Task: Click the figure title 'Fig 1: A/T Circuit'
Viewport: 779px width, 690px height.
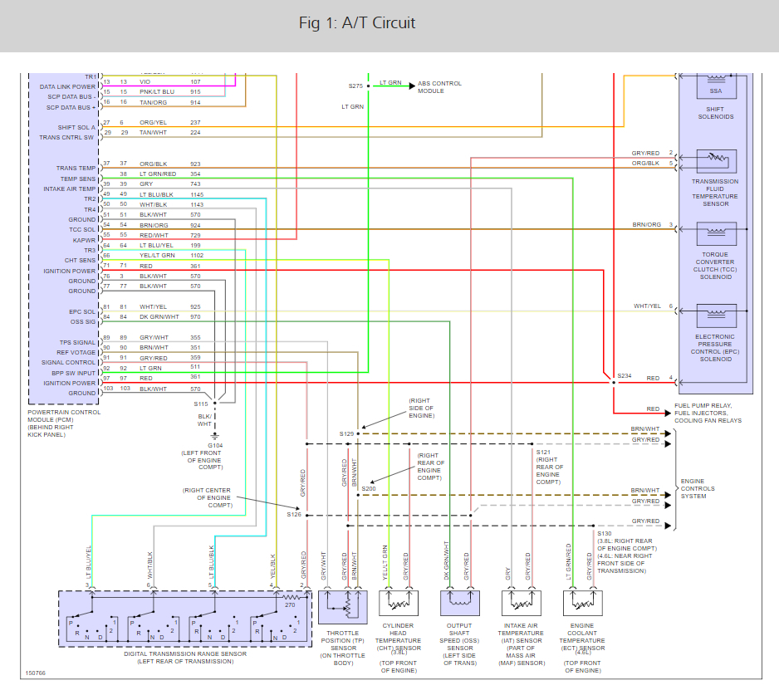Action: pos(357,22)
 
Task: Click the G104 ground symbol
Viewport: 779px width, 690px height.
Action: pos(215,435)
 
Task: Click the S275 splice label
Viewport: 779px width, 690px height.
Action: pos(355,86)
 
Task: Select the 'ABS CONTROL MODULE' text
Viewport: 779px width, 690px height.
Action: pos(439,87)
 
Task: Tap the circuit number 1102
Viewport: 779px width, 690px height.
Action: pos(197,256)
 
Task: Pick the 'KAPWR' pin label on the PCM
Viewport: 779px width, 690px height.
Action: pos(85,239)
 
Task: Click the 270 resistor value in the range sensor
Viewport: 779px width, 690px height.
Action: pos(289,606)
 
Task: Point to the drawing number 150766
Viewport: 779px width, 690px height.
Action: pos(36,673)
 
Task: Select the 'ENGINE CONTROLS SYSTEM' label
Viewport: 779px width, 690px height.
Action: pos(698,489)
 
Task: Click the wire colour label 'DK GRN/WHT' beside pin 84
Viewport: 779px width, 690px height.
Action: pos(159,317)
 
